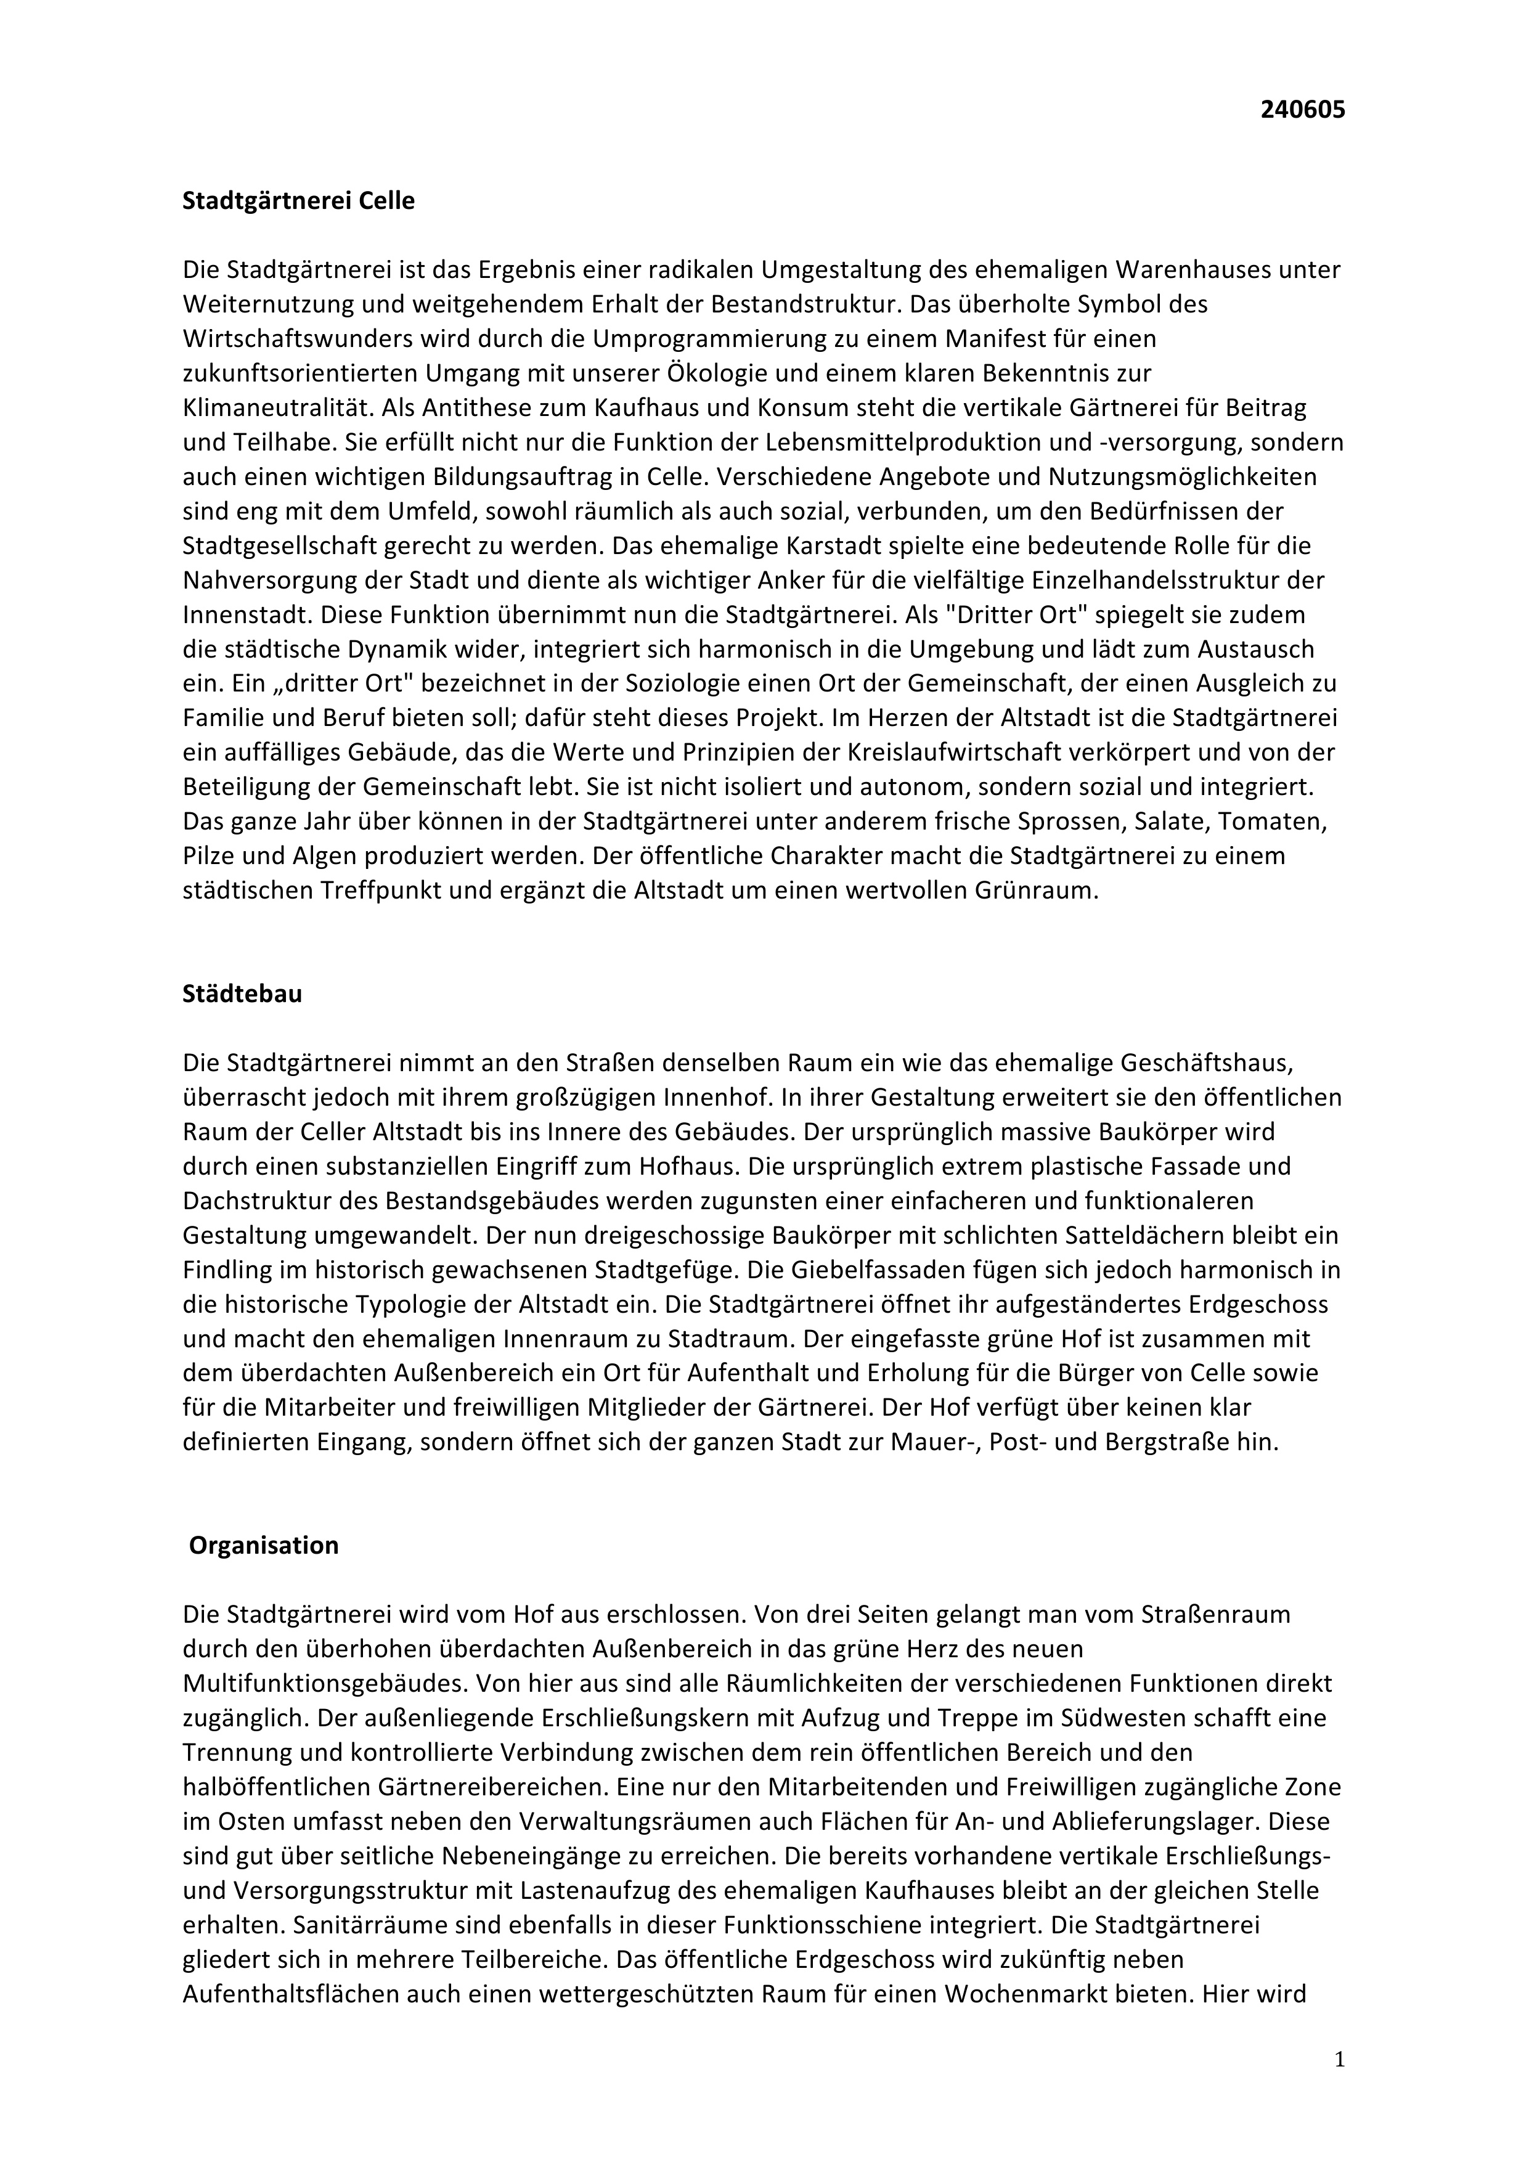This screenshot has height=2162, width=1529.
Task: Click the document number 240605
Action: (x=1302, y=110)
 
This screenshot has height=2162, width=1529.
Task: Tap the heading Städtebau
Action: (x=242, y=994)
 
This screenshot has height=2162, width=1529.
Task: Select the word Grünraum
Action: (x=1044, y=891)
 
